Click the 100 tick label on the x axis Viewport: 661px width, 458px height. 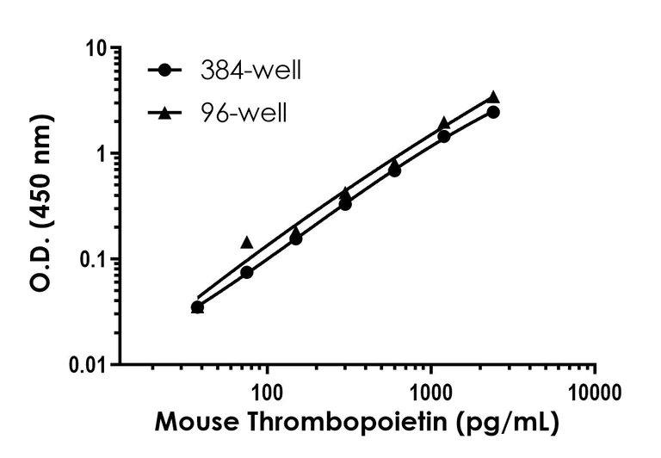tap(268, 393)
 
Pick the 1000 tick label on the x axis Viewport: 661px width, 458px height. tap(430, 393)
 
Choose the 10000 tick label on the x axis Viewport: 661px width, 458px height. tap(594, 393)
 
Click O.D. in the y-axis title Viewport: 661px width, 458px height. tap(41, 267)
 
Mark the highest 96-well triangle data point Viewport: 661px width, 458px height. tap(493, 97)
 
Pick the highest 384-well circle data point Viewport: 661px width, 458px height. tap(493, 112)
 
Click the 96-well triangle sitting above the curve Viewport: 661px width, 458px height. tap(247, 242)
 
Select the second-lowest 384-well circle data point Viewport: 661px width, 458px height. tap(247, 272)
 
